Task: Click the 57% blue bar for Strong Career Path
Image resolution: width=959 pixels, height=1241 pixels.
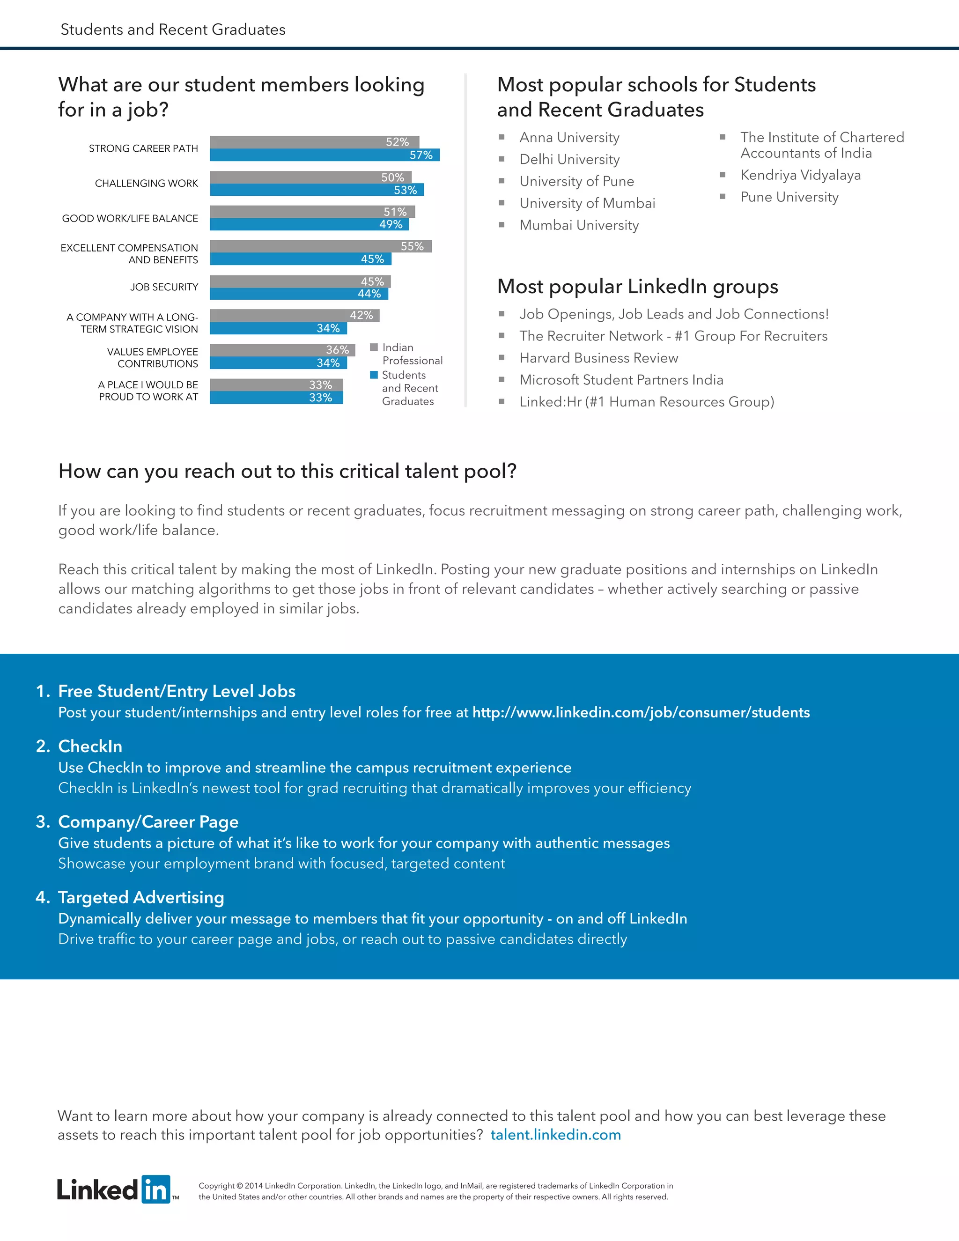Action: click(x=324, y=155)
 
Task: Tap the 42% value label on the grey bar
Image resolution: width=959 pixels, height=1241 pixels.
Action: click(x=361, y=315)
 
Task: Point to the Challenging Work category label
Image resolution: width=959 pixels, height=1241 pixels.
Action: click(x=146, y=184)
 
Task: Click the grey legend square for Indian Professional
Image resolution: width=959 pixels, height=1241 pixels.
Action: click(x=374, y=347)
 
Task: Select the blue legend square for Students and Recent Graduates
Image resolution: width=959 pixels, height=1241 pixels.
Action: click(x=374, y=375)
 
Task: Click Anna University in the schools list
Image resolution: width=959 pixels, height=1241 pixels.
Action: click(x=569, y=138)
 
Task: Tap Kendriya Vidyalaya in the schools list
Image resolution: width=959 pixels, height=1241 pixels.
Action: click(x=800, y=175)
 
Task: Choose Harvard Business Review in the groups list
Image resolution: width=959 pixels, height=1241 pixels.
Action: click(x=598, y=358)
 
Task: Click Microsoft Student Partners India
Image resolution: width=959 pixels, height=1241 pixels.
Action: click(x=621, y=380)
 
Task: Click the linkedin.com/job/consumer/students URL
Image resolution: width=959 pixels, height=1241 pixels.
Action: click(x=641, y=713)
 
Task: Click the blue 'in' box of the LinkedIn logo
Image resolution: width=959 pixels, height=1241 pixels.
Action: click(x=155, y=1189)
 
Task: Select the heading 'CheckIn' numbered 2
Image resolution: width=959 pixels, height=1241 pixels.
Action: click(x=90, y=746)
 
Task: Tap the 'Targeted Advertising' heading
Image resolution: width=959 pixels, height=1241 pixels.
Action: click(x=141, y=897)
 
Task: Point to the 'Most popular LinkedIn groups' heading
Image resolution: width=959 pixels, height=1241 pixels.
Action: click(x=637, y=287)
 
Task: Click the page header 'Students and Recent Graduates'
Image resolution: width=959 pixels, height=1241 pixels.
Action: click(x=173, y=30)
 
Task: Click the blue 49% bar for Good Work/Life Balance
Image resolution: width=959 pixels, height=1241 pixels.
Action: click(x=309, y=224)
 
